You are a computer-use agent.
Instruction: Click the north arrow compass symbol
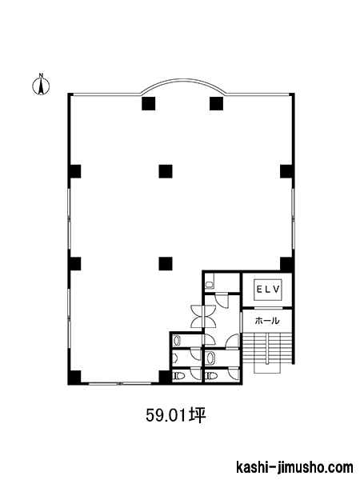pos(41,85)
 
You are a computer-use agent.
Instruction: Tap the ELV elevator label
pos(268,290)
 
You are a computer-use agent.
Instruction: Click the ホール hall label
pos(267,321)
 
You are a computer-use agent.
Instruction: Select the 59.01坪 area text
pos(176,415)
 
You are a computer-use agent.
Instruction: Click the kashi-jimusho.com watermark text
pos(295,467)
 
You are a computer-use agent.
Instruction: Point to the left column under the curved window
pos(149,103)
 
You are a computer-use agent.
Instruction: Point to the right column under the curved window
pos(217,103)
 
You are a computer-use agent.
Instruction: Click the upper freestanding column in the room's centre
pos(166,171)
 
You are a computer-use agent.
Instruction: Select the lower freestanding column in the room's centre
pos(166,263)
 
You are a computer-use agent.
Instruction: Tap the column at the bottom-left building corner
pos(74,377)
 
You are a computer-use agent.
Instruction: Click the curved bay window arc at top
pos(183,82)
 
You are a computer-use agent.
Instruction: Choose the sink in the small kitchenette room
pos(210,285)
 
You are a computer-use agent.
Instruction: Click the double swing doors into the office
pos(203,316)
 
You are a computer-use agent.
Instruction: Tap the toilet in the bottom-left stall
pos(178,375)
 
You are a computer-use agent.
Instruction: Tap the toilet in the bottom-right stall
pos(211,375)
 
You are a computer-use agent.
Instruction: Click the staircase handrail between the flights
pos(267,349)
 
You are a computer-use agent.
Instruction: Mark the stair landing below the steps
pos(267,369)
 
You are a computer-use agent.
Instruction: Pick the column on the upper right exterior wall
pos(287,171)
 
